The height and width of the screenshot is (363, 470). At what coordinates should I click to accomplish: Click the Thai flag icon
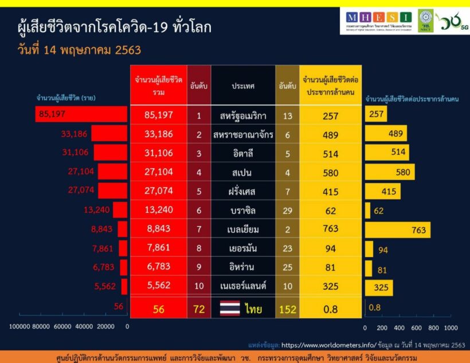pos(229,309)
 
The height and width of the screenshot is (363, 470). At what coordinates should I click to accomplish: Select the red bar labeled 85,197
pos(81,114)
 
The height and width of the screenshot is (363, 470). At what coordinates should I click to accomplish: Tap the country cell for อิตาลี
pos(243,154)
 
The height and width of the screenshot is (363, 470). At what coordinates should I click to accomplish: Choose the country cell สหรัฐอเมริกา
pos(243,116)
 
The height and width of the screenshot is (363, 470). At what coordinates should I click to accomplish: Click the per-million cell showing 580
pos(330,173)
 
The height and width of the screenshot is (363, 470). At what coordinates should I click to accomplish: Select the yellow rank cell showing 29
pos(287,210)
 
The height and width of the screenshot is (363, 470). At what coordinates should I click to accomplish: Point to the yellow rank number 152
pos(287,310)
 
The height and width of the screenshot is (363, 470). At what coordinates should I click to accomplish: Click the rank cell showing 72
pos(199,310)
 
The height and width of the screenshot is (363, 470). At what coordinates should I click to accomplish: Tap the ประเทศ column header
pos(243,86)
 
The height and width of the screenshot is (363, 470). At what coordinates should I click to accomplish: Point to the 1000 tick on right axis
pos(451,327)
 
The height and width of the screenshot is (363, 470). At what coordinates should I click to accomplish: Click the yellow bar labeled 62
pos(368,210)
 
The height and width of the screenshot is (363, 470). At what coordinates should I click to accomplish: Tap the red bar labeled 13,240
pos(120,210)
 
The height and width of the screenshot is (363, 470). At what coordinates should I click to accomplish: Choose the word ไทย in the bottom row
pos(253,310)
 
